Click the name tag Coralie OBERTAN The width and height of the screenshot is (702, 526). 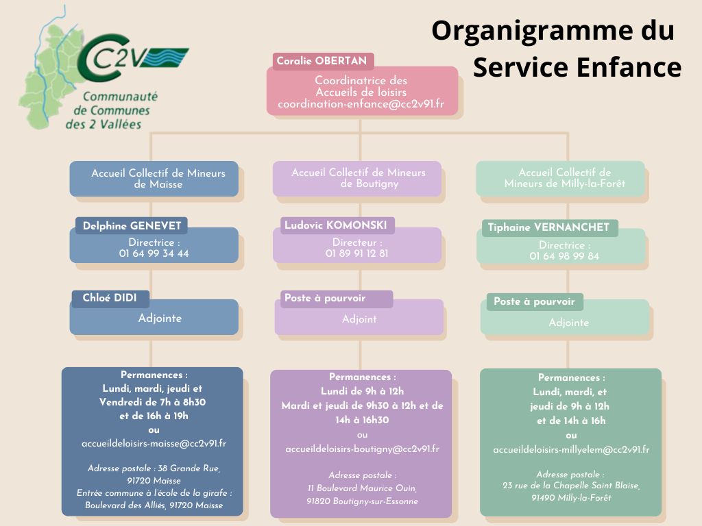click(x=322, y=62)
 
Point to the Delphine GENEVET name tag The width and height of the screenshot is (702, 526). click(x=131, y=226)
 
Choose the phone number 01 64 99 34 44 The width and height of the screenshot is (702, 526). click(x=154, y=253)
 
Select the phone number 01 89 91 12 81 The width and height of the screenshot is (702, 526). click(x=356, y=253)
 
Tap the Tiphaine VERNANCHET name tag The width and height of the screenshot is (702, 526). click(x=548, y=228)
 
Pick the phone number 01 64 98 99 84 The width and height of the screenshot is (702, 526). click(x=564, y=256)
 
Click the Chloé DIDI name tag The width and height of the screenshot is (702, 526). click(x=110, y=298)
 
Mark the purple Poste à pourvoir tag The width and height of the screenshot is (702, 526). click(x=325, y=299)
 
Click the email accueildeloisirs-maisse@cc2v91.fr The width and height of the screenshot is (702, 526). click(x=154, y=443)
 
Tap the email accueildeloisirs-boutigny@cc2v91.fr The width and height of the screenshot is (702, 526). click(x=362, y=449)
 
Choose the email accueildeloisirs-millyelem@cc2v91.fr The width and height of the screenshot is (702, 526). click(x=571, y=449)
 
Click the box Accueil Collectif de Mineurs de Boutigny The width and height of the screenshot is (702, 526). click(x=358, y=178)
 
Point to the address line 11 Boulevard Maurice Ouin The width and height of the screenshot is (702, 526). click(x=362, y=488)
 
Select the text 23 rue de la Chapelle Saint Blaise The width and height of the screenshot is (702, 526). click(x=571, y=486)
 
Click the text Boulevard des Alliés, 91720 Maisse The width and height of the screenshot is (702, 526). click(x=154, y=505)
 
